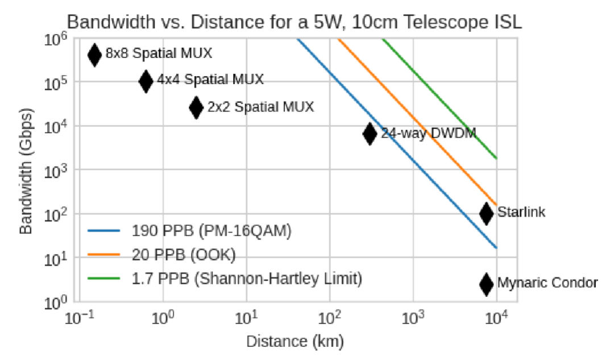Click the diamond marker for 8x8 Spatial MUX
click(94, 55)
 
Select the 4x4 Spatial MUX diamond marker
click(146, 81)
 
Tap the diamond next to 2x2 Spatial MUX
click(196, 107)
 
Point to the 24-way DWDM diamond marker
click(370, 134)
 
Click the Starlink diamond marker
click(486, 213)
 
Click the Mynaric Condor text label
click(547, 283)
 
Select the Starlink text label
click(521, 213)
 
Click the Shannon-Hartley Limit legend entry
click(247, 279)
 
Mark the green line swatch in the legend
click(104, 279)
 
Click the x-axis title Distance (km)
click(295, 342)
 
